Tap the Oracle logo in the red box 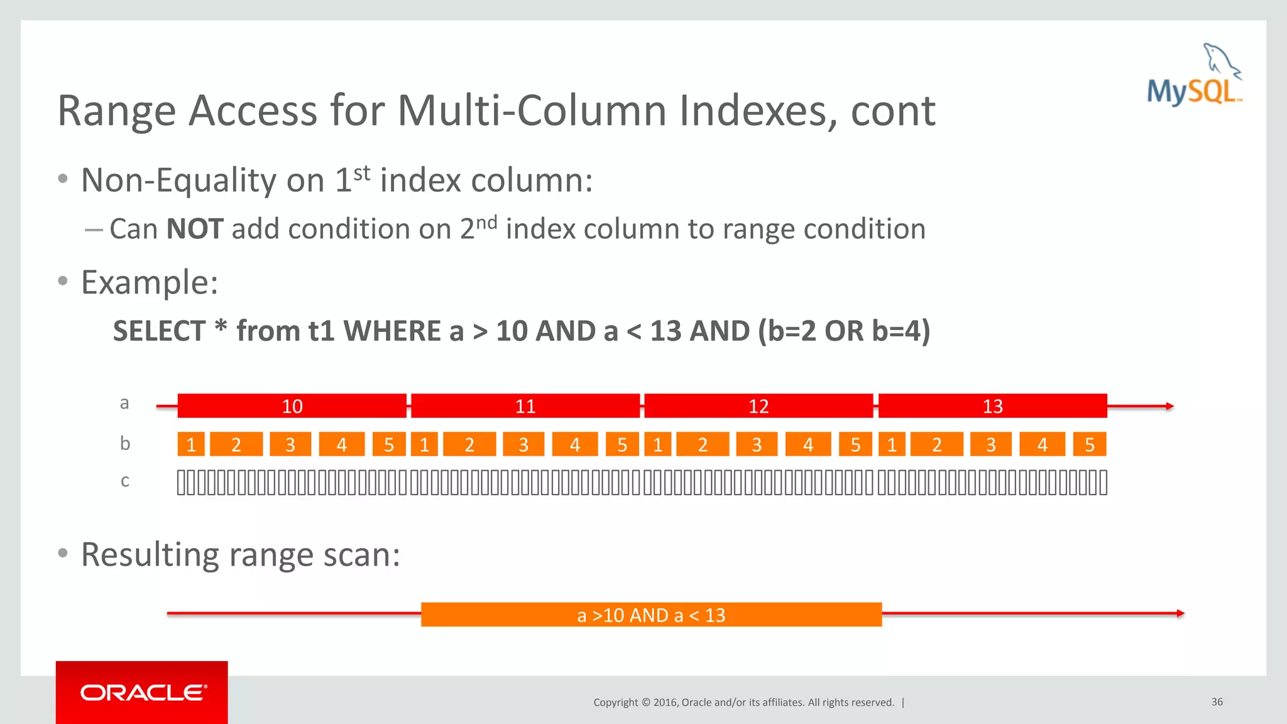[143, 693]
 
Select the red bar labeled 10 [292, 406]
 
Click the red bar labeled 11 [525, 406]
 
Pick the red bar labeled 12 [759, 406]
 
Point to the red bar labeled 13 [992, 406]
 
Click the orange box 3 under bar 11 [523, 444]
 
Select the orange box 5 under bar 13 [1090, 444]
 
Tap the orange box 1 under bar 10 [191, 444]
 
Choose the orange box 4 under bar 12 [808, 444]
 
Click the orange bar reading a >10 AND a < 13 [651, 615]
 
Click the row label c [124, 481]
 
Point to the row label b [124, 444]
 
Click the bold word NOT [195, 229]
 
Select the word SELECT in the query [159, 331]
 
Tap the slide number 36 [1217, 701]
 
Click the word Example [149, 282]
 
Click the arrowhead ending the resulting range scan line [1180, 613]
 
